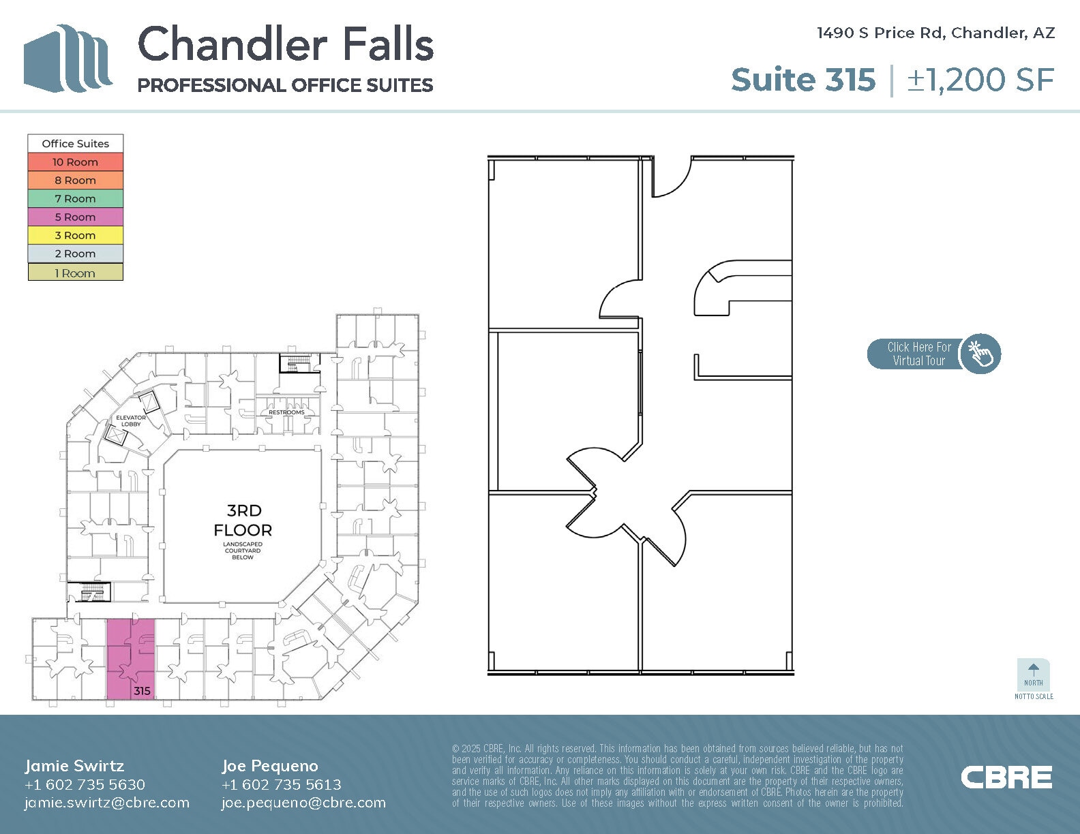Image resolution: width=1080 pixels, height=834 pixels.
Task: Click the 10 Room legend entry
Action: point(75,162)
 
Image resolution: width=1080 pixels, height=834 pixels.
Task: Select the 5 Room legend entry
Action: point(75,217)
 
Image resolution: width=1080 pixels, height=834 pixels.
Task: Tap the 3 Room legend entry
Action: point(75,236)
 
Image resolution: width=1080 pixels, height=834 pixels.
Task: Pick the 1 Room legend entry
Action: point(75,273)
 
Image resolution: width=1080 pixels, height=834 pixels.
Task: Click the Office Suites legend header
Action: point(75,144)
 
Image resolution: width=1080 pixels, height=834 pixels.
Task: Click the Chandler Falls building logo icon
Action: point(67,59)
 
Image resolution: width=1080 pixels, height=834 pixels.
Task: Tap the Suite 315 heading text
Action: point(802,80)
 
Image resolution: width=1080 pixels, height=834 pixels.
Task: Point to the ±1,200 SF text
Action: point(980,80)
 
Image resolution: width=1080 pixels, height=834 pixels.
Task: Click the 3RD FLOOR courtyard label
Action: point(243,521)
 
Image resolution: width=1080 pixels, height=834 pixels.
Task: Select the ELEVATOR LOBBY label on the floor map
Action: point(131,420)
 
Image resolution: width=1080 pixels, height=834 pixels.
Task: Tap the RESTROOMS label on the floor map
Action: point(286,412)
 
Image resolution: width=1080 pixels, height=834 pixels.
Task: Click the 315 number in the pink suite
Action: point(142,691)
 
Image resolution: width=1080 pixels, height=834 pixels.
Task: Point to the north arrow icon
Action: point(1034,670)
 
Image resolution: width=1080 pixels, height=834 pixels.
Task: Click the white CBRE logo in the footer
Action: point(1006,777)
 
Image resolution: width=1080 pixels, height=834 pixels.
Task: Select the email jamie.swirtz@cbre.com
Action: point(107,803)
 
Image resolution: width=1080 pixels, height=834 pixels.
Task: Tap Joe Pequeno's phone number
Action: point(281,784)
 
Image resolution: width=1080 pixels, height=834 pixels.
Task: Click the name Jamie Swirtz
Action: point(74,766)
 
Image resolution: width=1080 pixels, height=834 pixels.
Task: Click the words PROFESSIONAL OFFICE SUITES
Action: point(285,85)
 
